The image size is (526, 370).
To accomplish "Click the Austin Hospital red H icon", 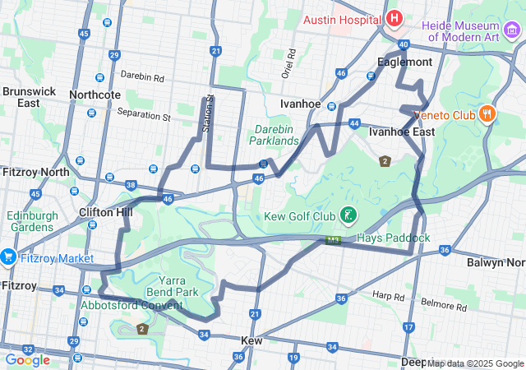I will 394,18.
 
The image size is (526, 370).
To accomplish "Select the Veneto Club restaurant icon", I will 487,114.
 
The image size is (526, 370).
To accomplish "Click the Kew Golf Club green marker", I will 348,216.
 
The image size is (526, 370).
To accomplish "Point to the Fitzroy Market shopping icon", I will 8,257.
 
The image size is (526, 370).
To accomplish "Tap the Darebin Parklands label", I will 275,136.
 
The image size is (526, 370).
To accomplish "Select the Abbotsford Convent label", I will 131,305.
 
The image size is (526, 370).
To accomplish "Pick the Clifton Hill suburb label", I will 105,211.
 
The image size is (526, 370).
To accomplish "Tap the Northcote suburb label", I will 95,95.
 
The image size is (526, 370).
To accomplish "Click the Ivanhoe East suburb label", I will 401,132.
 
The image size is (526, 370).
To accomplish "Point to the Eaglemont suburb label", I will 404,62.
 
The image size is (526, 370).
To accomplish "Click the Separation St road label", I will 143,114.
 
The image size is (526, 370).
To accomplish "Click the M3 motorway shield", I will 333,241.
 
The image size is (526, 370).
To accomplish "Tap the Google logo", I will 27,359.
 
